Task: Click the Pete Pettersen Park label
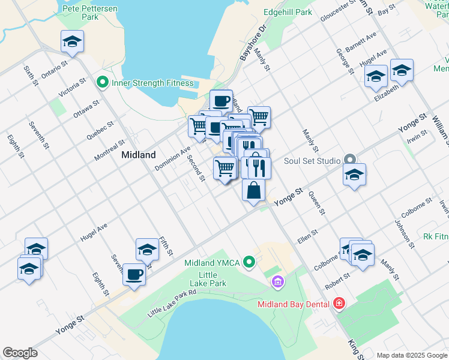click(91, 13)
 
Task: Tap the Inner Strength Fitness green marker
click(102, 83)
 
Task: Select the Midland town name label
click(139, 154)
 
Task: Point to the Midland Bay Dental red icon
click(339, 304)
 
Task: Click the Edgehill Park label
click(288, 12)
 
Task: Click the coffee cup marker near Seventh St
click(134, 275)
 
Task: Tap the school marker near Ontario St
click(72, 41)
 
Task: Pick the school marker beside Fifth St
click(147, 249)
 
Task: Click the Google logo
click(20, 353)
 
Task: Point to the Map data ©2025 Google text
click(411, 355)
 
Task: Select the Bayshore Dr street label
click(253, 43)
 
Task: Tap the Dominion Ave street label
click(172, 158)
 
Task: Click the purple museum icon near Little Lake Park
click(277, 281)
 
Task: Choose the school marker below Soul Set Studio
click(354, 175)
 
